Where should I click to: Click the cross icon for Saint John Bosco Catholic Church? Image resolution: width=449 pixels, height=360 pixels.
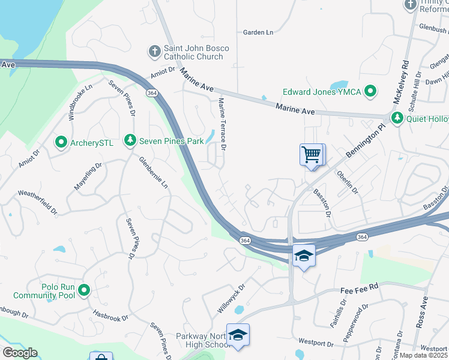click(x=154, y=51)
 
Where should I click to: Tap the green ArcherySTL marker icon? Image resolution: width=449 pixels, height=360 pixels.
click(x=61, y=143)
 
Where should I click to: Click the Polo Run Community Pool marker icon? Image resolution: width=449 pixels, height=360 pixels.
click(x=84, y=291)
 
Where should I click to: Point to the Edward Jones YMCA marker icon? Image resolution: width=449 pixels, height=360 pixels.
click(x=371, y=92)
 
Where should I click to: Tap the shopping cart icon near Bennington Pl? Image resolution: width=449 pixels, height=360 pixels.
click(x=311, y=155)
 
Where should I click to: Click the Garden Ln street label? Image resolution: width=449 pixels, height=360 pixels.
click(x=258, y=32)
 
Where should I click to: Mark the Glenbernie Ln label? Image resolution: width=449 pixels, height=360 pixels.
click(x=153, y=173)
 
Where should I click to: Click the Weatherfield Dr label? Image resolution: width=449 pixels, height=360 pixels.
click(x=37, y=202)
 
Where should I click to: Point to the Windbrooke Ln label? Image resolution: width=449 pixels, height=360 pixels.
click(x=80, y=103)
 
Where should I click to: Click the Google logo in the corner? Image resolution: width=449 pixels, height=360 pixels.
click(x=19, y=353)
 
